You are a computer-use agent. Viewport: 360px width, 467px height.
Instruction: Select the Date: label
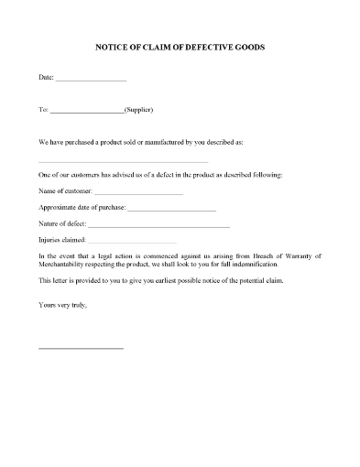(47, 80)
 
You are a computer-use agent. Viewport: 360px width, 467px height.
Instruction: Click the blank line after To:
(86, 113)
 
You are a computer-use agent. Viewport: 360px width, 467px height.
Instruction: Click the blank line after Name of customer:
(144, 193)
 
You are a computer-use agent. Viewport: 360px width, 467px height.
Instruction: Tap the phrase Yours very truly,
(63, 303)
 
